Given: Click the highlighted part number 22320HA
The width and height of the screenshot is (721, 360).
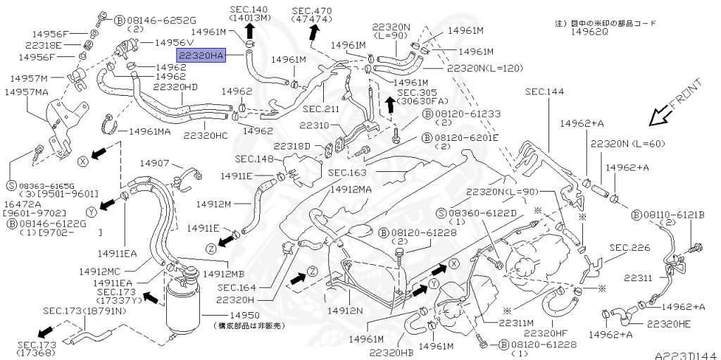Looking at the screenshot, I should pyautogui.click(x=201, y=55).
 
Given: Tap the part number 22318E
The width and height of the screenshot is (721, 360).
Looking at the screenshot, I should pyautogui.click(x=42, y=44).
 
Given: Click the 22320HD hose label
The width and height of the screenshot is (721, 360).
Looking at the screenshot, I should pyautogui.click(x=176, y=87).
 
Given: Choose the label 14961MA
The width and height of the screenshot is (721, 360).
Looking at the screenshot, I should pyautogui.click(x=149, y=131).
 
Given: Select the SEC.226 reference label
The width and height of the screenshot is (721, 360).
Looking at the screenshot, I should pyautogui.click(x=629, y=248).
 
